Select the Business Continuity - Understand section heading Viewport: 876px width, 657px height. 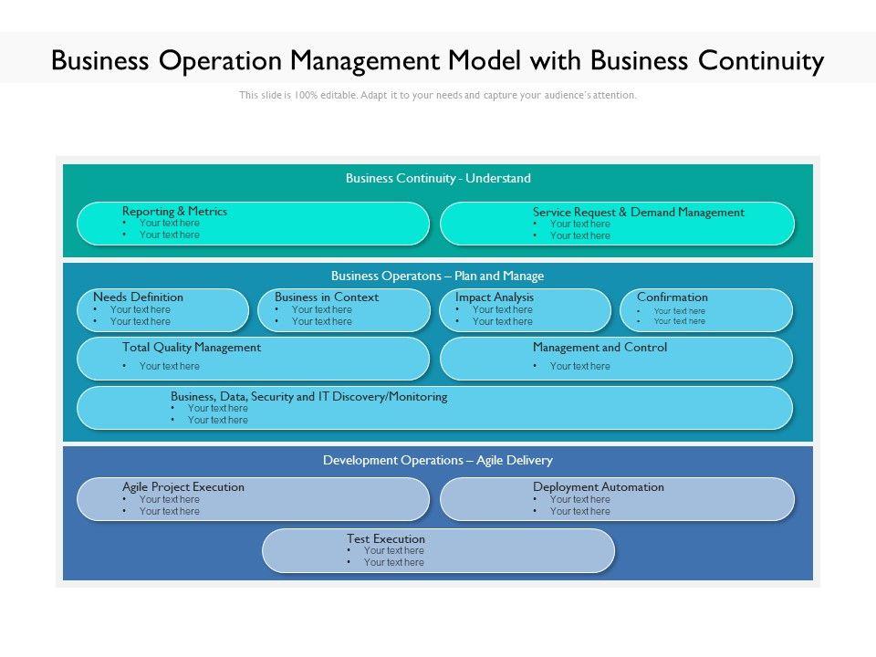point(438,178)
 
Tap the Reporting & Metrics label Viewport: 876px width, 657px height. point(175,211)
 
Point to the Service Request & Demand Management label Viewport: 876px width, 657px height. point(639,213)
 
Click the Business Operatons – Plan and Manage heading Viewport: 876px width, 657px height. point(437,276)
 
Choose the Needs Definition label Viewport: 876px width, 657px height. point(138,297)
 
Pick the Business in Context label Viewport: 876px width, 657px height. point(327,297)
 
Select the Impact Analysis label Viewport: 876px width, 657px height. point(495,297)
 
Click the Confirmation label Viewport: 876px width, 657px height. point(673,297)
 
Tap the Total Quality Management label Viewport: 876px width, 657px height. point(192,348)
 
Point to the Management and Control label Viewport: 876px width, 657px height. point(600,348)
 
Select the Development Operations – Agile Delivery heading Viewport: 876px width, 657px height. point(438,460)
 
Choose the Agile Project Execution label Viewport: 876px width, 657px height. point(183,487)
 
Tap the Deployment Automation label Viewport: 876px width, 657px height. point(599,487)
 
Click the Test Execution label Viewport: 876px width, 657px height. point(385,539)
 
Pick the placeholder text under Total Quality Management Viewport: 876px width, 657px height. point(170,367)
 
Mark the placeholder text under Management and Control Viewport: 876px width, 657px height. point(580,367)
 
